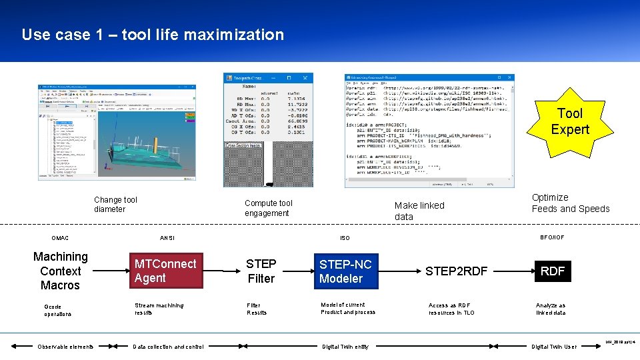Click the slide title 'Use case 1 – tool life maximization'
coord(153,35)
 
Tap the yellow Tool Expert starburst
coord(569,121)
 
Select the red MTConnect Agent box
coord(165,271)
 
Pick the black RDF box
coord(552,271)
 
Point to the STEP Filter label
coord(261,271)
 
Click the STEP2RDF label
coord(457,271)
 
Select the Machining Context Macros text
coord(60,271)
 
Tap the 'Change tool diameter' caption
coord(115,204)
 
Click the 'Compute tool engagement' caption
coord(268,208)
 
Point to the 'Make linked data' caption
coord(419,211)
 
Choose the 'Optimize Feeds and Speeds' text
coord(570,203)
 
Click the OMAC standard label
coord(59,238)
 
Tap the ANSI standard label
coord(167,238)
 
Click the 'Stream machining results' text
coord(159,309)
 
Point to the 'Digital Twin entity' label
coord(345,347)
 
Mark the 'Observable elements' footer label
coord(65,347)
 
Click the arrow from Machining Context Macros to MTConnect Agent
coord(110,271)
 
